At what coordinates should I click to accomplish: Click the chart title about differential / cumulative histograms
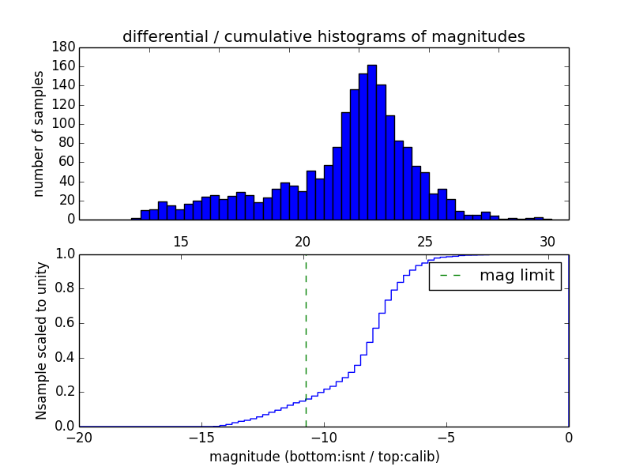[x=323, y=36]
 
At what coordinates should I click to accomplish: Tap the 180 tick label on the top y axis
[x=63, y=47]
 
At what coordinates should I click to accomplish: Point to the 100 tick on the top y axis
[x=63, y=124]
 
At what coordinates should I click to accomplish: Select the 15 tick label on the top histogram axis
[x=180, y=242]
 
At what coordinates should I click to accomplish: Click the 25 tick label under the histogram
[x=425, y=242]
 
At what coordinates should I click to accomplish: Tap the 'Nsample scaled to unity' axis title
[x=41, y=340]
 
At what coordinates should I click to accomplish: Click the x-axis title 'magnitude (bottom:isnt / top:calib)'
[x=324, y=457]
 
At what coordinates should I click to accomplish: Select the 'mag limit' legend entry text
[x=517, y=276]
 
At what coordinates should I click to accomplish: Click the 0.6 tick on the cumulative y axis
[x=63, y=323]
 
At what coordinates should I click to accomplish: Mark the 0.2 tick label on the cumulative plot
[x=63, y=392]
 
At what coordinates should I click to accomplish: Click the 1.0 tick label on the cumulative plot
[x=63, y=254]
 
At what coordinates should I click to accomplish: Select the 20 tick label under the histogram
[x=303, y=242]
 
